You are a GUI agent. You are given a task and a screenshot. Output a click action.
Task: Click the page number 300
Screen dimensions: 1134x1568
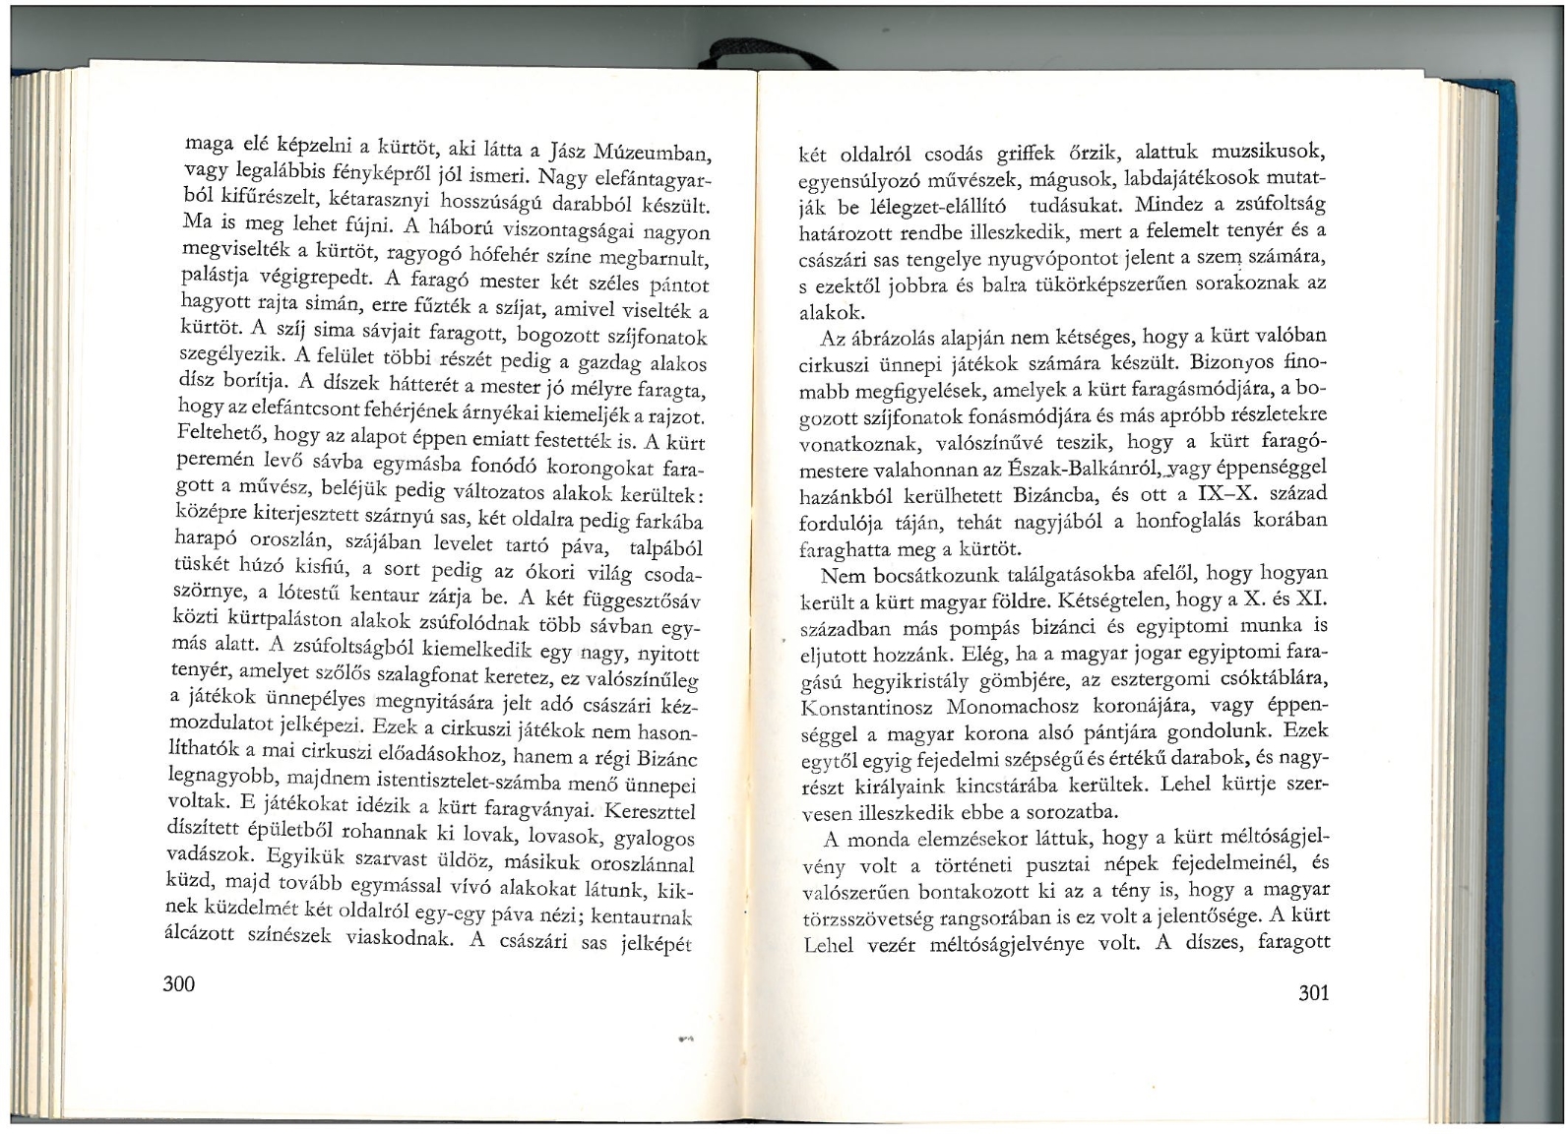pyautogui.click(x=179, y=984)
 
